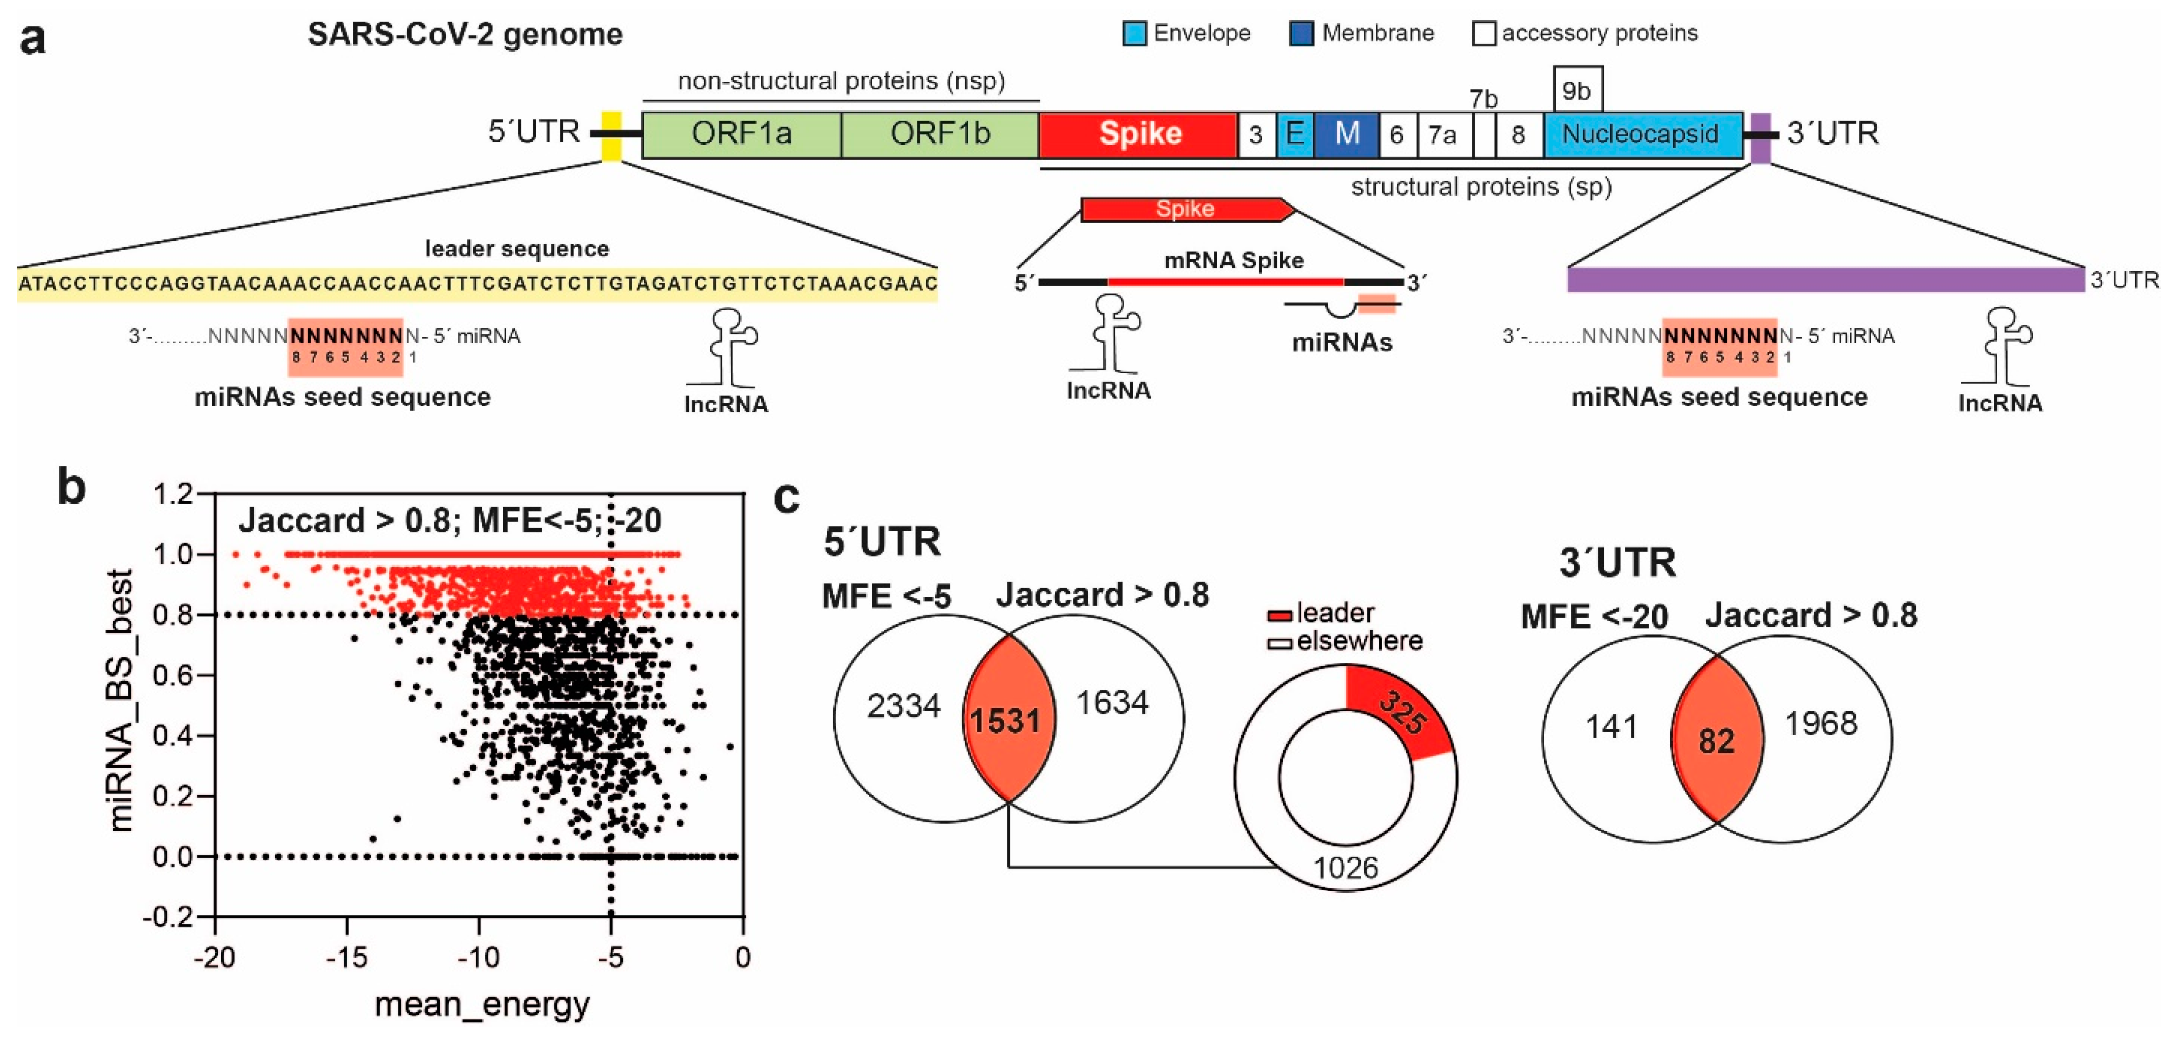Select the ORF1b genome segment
[x=940, y=134]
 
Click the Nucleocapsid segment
[x=1642, y=134]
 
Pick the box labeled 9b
[x=1577, y=90]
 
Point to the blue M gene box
[x=1347, y=134]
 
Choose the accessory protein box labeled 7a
[x=1442, y=135]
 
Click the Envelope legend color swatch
[x=1134, y=34]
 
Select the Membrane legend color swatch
[x=1301, y=34]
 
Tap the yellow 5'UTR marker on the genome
[x=611, y=135]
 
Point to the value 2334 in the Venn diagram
[x=903, y=706]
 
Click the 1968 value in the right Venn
[x=1821, y=724]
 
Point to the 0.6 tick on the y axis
[x=172, y=675]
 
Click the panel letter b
[x=72, y=487]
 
